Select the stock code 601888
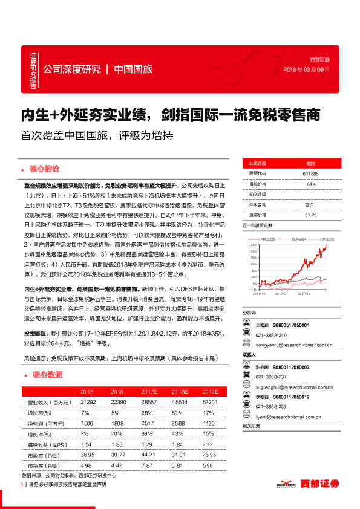(x=310, y=173)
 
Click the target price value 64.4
(x=312, y=183)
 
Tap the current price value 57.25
(x=311, y=215)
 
